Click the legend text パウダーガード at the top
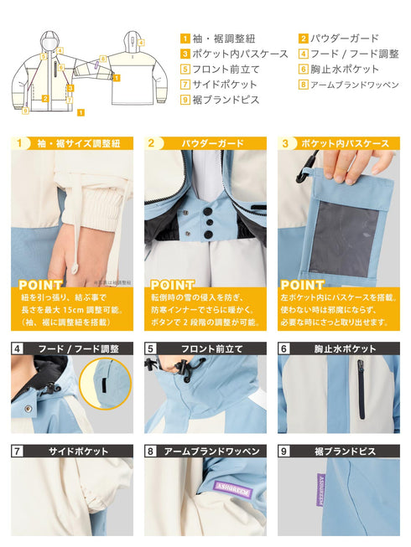(345, 38)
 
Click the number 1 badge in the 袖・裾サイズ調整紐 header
(18, 143)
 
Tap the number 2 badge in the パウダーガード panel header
(151, 143)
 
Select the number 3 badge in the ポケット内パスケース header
(284, 143)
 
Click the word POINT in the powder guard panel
(172, 285)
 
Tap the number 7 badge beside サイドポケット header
(18, 451)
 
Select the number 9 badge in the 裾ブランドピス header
(284, 451)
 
